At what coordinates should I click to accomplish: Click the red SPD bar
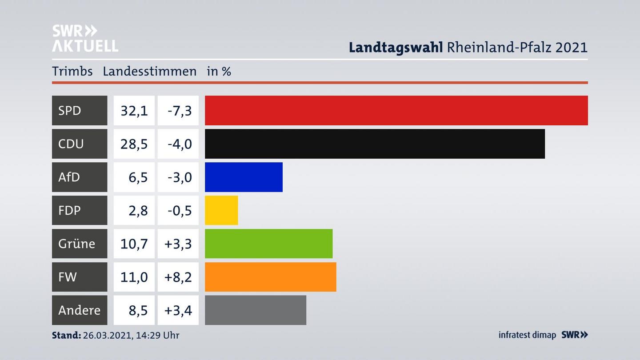(396, 110)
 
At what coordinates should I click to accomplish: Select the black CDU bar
(375, 144)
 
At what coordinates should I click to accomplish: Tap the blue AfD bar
(244, 177)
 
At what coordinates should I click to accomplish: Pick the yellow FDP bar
(221, 210)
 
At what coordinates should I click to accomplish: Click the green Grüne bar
(268, 244)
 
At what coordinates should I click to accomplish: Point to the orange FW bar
(270, 277)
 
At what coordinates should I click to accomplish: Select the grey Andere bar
(256, 310)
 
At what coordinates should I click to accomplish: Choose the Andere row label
(80, 310)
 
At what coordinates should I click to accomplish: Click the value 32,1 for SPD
(134, 110)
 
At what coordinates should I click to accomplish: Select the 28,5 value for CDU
(134, 144)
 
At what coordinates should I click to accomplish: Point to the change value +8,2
(178, 277)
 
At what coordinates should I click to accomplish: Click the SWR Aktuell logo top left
(85, 38)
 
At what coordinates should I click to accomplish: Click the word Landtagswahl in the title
(396, 47)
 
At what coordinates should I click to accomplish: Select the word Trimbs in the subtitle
(72, 72)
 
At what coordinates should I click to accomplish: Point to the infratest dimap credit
(527, 335)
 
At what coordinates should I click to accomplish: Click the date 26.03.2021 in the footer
(107, 335)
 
